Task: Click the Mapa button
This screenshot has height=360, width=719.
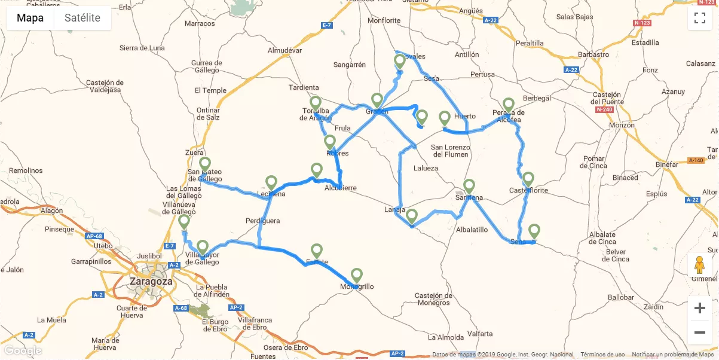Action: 30,18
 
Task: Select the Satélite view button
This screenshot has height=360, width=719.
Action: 82,18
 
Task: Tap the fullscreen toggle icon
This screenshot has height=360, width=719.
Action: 700,18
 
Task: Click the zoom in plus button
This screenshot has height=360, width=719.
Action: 700,309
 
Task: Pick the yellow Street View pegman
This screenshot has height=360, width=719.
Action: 700,264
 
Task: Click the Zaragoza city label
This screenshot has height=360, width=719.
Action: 151,281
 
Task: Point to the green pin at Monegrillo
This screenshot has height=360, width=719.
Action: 356,276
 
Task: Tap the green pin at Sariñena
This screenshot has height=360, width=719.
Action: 469,186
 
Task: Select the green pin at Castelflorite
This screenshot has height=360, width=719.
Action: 528,179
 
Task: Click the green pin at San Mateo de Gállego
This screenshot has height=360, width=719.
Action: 205,164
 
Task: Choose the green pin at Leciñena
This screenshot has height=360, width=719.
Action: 271,182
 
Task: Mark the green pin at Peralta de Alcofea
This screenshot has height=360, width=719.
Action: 508,105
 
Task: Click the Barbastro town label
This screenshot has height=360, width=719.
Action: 594,54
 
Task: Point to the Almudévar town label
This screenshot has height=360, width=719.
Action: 284,51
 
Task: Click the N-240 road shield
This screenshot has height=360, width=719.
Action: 605,110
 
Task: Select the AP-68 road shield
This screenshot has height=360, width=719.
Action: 95,236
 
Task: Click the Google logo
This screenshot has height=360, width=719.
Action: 23,350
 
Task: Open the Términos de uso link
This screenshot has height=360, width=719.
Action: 602,355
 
